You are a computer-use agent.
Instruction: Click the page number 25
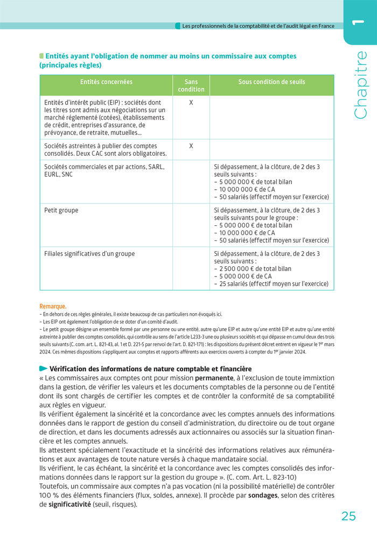point(348,516)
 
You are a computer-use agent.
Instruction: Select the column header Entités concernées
point(106,82)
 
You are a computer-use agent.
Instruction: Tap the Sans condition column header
point(191,85)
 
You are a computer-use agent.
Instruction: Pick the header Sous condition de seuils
point(271,82)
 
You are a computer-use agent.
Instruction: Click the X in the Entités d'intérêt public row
point(191,102)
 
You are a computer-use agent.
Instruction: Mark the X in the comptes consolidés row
point(191,146)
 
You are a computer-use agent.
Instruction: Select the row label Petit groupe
point(61,210)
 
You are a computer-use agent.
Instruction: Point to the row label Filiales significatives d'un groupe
point(89,253)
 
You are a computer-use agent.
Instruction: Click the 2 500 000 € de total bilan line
point(253,268)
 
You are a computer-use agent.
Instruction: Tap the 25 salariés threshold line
point(271,283)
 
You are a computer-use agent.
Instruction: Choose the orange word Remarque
point(52,306)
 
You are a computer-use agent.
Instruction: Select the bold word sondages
point(262,495)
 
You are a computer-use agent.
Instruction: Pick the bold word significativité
point(69,504)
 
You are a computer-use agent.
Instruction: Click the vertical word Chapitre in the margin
point(360,85)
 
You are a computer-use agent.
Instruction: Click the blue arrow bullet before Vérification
point(43,369)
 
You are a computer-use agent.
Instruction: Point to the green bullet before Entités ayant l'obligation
point(41,56)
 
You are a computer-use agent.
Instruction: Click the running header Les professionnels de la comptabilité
point(258,25)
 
